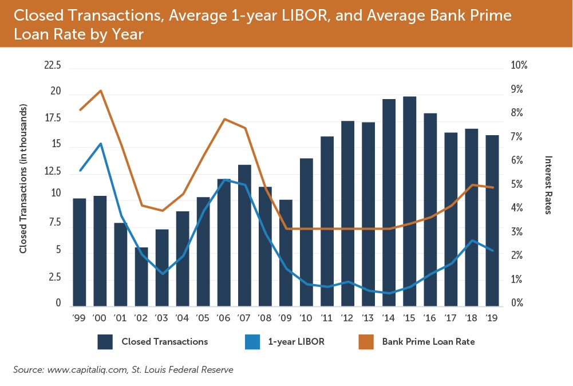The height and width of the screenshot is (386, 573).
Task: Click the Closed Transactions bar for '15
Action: pos(409,200)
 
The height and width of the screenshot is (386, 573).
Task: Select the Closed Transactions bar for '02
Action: pos(141,276)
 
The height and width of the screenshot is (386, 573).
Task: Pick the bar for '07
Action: pos(244,235)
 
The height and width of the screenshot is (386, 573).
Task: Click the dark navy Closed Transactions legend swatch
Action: pos(105,342)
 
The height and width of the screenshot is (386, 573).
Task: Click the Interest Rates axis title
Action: pos(548,185)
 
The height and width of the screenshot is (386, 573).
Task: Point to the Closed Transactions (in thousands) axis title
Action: pos(23,179)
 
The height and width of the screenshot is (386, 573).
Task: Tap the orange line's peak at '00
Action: pos(101,90)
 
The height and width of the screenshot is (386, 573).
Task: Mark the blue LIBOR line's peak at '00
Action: pos(101,143)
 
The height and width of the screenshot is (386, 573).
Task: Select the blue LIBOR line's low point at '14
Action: pos(389,293)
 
